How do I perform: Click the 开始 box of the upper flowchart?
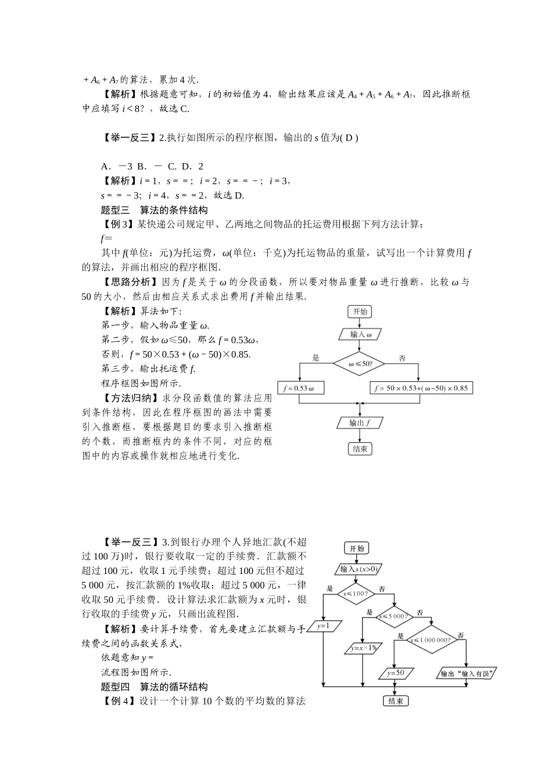pos(360,312)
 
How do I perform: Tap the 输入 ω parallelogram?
pos(360,335)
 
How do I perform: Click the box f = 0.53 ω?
pos(300,388)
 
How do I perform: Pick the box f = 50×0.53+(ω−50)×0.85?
pos(421,388)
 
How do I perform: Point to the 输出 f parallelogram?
pos(360,423)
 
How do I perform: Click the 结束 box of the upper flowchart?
pos(360,449)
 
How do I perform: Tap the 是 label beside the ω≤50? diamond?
pos(316,358)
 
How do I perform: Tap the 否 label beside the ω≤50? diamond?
pos(402,359)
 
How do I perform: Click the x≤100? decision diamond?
pos(357,593)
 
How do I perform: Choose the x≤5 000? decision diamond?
pos(393,616)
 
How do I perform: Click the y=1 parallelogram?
pos(324,626)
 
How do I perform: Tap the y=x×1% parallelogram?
pos(363,648)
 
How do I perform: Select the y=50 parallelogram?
pos(396,673)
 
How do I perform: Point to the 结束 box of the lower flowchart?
pos(396,700)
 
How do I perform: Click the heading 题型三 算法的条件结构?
pos(154,210)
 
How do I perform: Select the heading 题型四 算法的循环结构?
pos(154,687)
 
